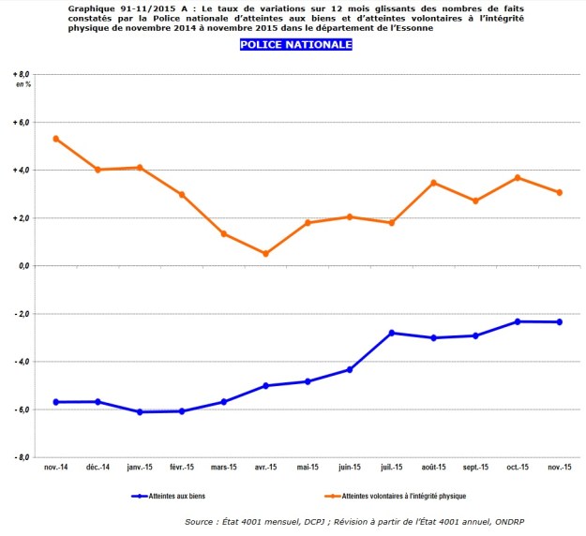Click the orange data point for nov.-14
[56, 139]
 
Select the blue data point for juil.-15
[392, 333]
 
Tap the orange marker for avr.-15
[266, 253]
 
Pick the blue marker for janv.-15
[140, 412]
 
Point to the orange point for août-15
[434, 183]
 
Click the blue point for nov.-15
[560, 322]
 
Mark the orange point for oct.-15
[518, 177]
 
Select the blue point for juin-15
[350, 369]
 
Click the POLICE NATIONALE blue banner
[296, 44]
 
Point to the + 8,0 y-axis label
[22, 74]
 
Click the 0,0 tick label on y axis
[23, 266]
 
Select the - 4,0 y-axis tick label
[22, 362]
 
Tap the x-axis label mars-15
[224, 468]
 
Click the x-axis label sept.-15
[475, 468]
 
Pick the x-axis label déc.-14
[98, 468]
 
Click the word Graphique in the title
[92, 7]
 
